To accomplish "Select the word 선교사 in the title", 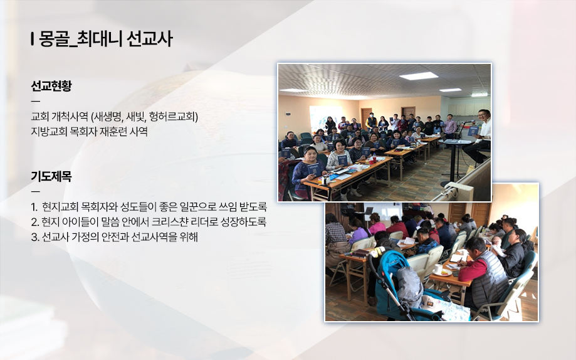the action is (x=149, y=39).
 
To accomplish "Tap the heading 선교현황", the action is (x=51, y=86).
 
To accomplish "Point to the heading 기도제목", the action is (x=51, y=176).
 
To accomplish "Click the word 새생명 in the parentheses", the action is (x=108, y=117).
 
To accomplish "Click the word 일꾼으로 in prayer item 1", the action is (x=197, y=207).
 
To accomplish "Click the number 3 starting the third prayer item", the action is (x=34, y=238).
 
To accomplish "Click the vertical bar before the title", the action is (x=33, y=39).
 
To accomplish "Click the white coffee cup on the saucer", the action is (x=438, y=269).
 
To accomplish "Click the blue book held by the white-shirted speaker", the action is (x=473, y=131).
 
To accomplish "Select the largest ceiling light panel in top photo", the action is (x=419, y=76).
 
